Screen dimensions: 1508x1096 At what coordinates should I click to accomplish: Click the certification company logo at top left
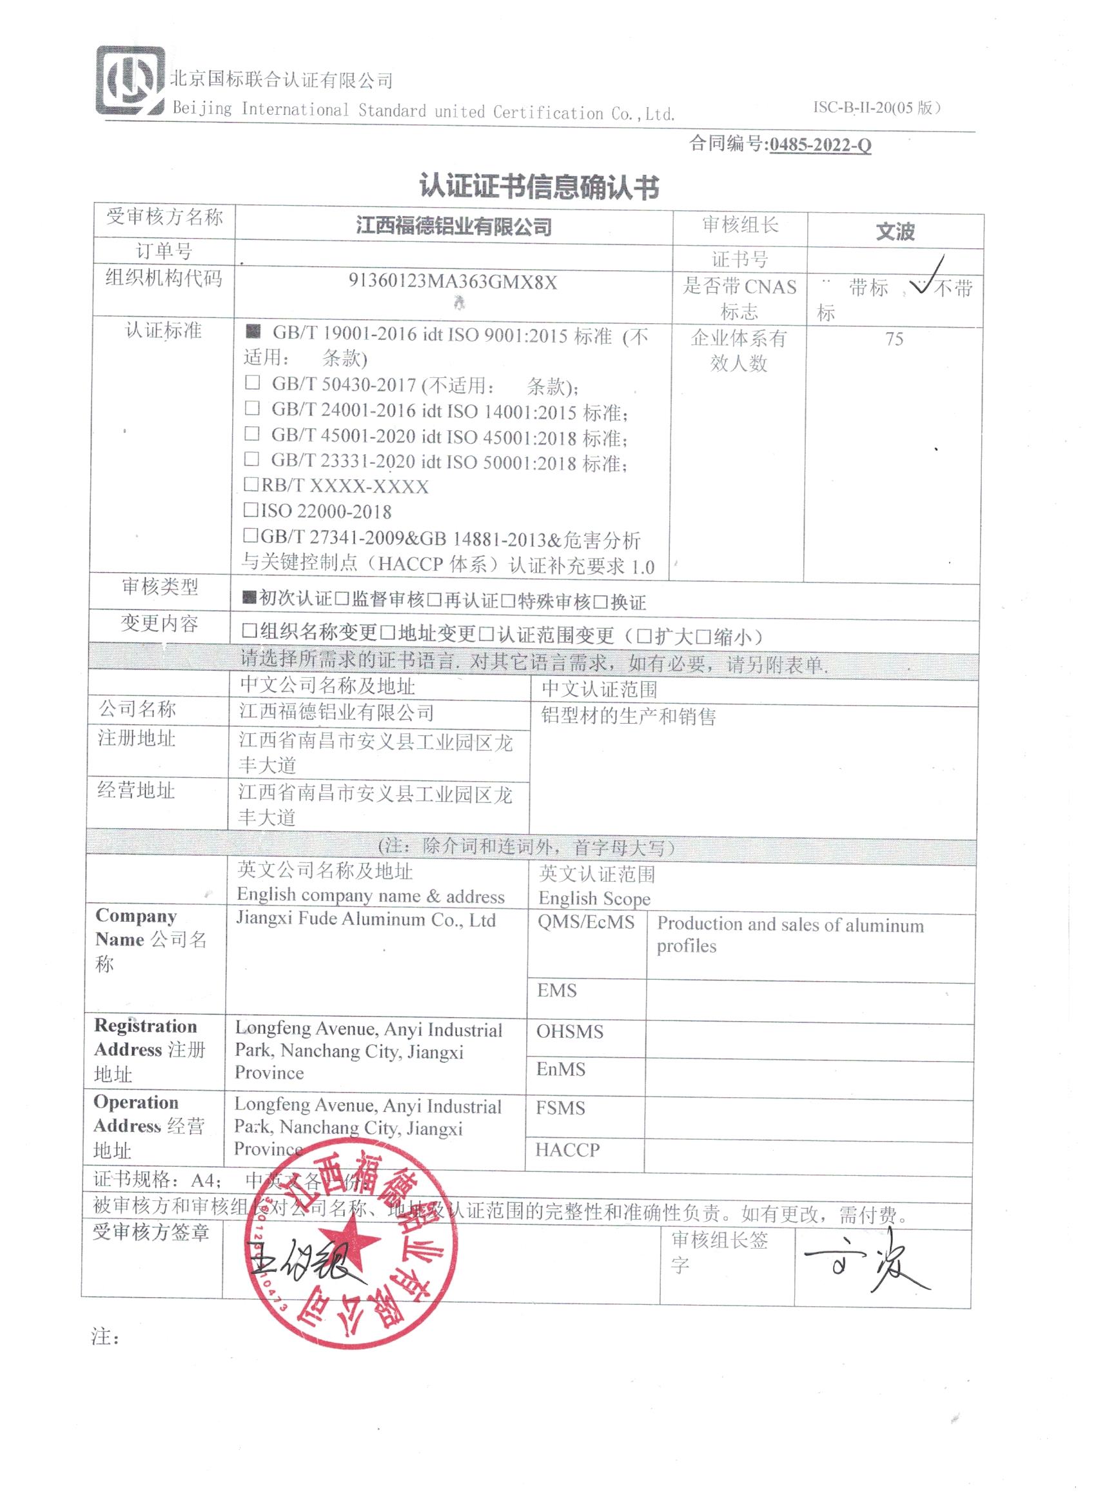(130, 81)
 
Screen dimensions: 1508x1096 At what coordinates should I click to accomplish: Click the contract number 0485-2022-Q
(819, 145)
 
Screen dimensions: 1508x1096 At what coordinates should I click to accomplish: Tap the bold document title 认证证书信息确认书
(539, 187)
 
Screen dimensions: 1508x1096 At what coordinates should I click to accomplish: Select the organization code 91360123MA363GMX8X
(453, 282)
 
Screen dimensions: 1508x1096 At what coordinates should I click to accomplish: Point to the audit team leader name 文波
(895, 232)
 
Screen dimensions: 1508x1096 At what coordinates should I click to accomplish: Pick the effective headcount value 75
(894, 339)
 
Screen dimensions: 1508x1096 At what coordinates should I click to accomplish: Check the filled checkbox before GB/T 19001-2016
(253, 331)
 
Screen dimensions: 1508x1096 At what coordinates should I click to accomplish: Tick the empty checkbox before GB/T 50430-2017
(252, 382)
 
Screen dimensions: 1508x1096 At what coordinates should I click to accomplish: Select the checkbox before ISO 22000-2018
(251, 510)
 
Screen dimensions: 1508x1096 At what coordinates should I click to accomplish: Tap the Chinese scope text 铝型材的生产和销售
(628, 716)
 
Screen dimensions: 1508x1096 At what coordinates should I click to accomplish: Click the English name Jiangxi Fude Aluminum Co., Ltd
(366, 920)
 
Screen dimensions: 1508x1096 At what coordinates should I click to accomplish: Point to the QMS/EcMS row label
(585, 923)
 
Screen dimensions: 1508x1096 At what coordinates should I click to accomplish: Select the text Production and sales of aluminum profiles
(789, 935)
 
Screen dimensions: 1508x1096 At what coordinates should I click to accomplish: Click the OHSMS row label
(570, 1031)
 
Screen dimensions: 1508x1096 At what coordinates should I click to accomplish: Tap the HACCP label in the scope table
(567, 1150)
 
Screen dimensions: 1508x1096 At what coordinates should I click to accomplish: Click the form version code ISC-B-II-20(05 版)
(876, 108)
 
